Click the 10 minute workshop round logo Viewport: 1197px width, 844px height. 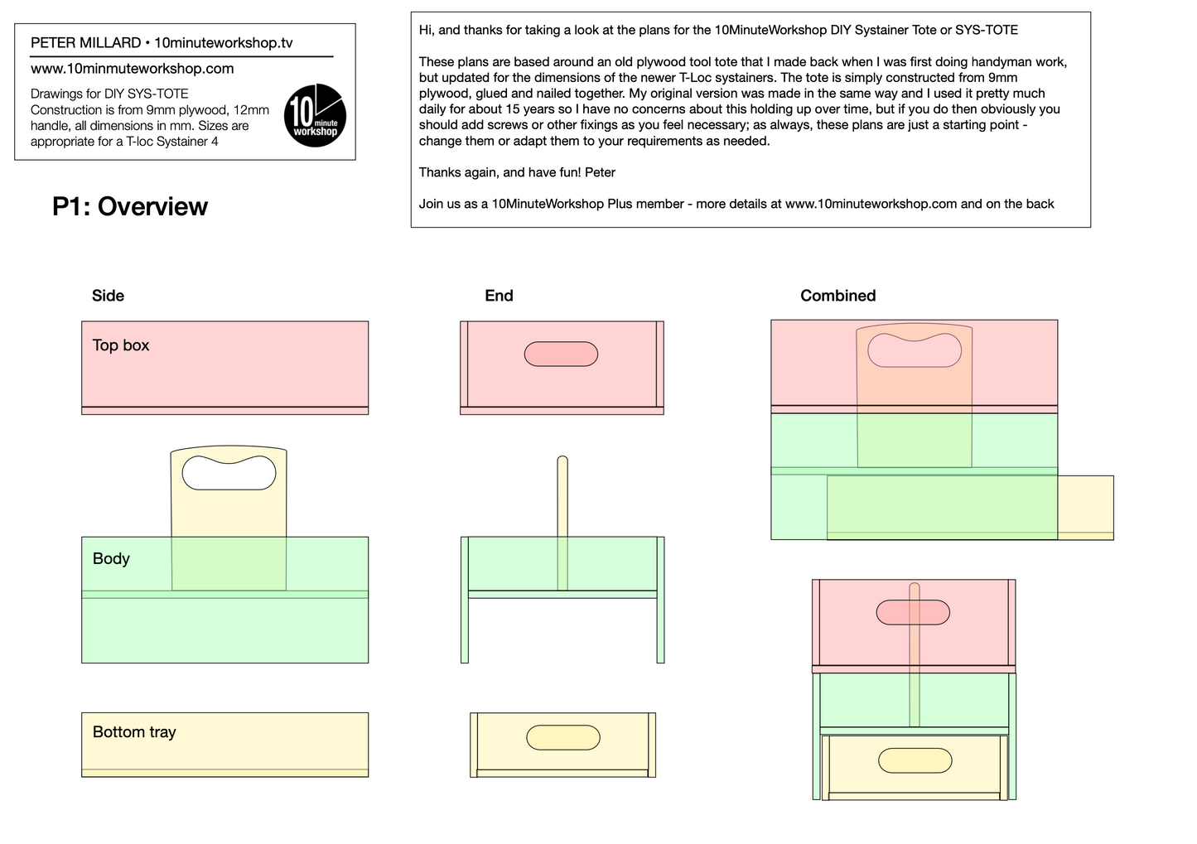click(316, 115)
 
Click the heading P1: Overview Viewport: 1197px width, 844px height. click(130, 206)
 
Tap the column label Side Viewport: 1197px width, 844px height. click(108, 296)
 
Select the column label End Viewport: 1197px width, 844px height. click(500, 296)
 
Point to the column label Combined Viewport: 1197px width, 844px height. click(838, 296)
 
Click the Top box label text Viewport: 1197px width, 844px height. click(121, 345)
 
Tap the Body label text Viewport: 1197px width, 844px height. click(111, 559)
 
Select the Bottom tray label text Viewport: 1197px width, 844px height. click(134, 732)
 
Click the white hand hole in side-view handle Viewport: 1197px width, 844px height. click(229, 473)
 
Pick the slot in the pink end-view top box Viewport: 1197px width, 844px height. click(561, 354)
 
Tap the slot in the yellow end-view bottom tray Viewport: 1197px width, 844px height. click(563, 738)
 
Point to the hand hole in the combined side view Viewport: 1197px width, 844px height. click(915, 350)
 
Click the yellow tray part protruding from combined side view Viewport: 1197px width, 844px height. click(1086, 508)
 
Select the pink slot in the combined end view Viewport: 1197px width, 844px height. click(913, 612)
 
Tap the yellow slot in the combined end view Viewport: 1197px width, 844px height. click(915, 760)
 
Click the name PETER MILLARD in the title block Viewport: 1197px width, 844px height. click(85, 43)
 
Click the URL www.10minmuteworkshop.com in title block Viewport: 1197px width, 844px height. click(132, 69)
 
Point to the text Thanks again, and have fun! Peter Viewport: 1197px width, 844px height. click(517, 172)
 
